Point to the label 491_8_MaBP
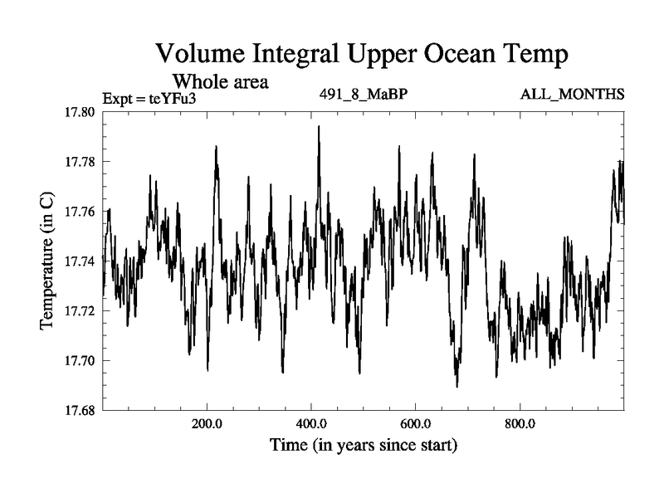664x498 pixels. click(x=363, y=93)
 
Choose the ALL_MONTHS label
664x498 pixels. click(x=572, y=93)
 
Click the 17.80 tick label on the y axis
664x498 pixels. click(x=82, y=112)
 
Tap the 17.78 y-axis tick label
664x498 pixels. click(x=82, y=162)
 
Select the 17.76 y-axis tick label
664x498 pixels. click(x=82, y=212)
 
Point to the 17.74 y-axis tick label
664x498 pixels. click(x=82, y=261)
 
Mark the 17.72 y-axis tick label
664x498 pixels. click(x=82, y=311)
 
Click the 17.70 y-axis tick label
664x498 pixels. click(x=82, y=361)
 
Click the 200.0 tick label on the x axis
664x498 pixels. click(x=207, y=423)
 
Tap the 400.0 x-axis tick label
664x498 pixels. click(x=311, y=423)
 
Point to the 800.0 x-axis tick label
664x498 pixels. click(x=520, y=423)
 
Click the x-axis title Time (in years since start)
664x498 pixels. click(x=364, y=446)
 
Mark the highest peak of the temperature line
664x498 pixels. click(x=319, y=127)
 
